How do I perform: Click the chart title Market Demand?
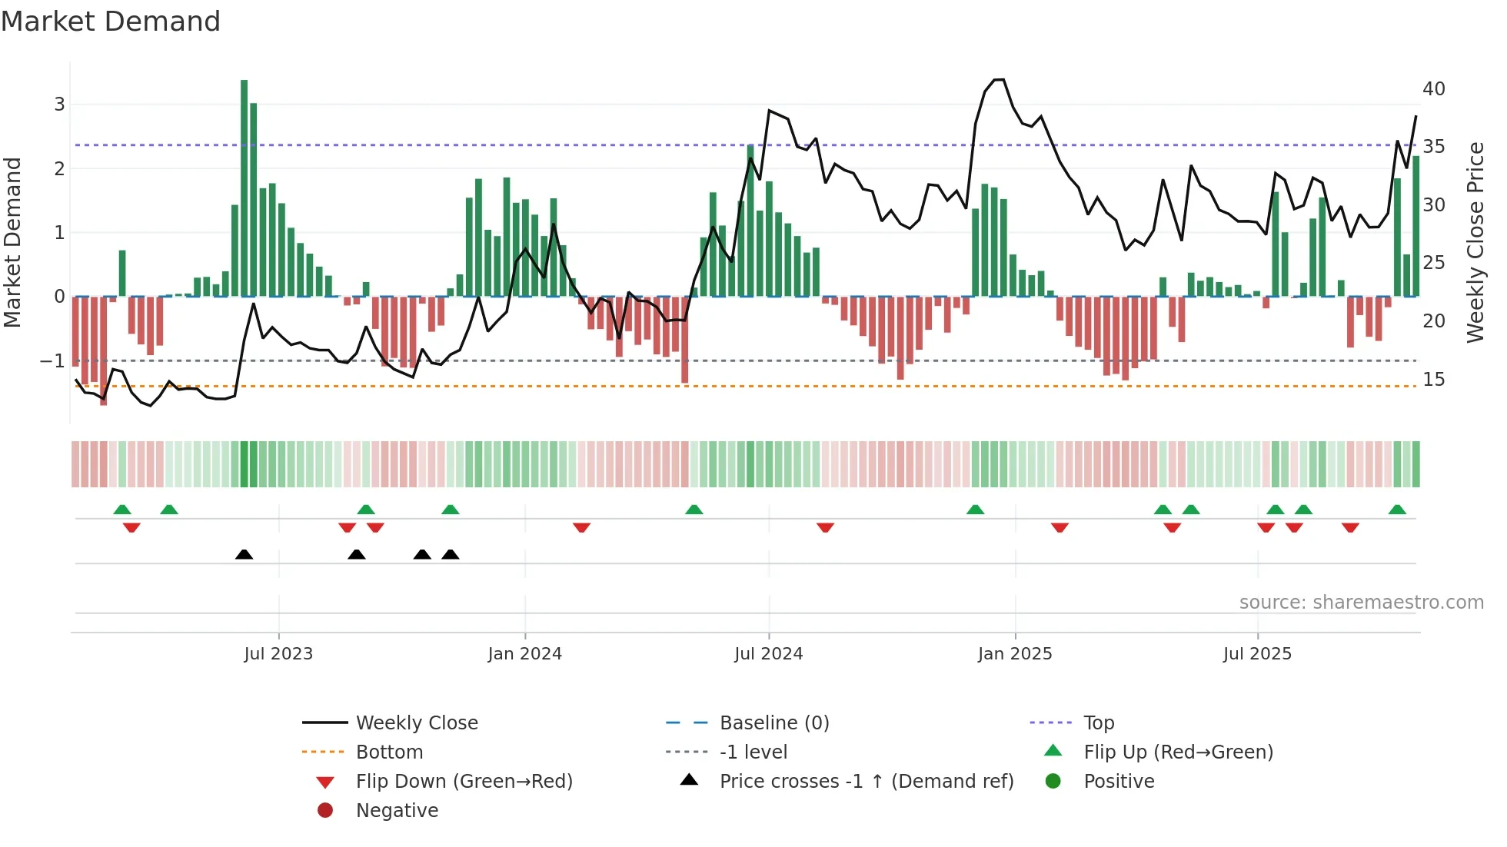[111, 22]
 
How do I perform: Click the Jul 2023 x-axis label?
[278, 654]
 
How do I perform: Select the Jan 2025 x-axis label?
[1015, 654]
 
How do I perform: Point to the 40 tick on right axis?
[1434, 89]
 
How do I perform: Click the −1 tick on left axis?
[52, 360]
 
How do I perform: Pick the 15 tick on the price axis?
[1434, 380]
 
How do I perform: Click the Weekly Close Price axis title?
[1475, 242]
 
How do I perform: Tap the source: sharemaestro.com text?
[1361, 603]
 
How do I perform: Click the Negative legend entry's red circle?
[325, 811]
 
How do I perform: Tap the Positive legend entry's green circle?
[1053, 782]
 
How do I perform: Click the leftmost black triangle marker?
[244, 554]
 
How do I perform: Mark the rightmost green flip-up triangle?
[1397, 510]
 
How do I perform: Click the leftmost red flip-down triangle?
[131, 527]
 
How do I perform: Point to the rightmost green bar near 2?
[1416, 227]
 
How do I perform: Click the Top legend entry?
[1099, 723]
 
